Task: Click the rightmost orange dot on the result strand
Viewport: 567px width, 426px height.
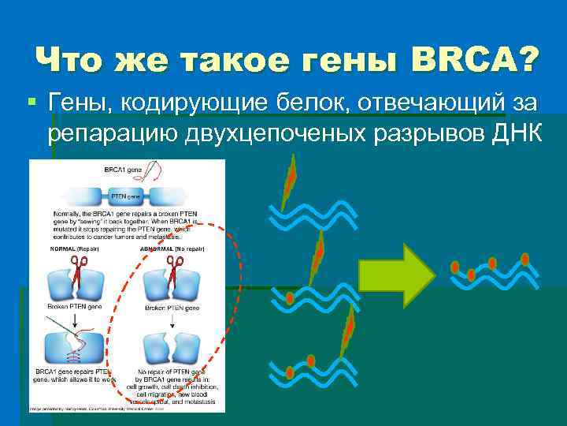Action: (x=525, y=259)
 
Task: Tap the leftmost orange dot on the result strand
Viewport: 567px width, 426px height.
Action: (x=454, y=267)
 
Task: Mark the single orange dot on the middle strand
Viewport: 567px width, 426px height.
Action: (x=291, y=298)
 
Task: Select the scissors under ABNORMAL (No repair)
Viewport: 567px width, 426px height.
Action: (x=172, y=267)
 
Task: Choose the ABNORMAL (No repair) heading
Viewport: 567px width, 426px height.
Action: (x=172, y=248)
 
